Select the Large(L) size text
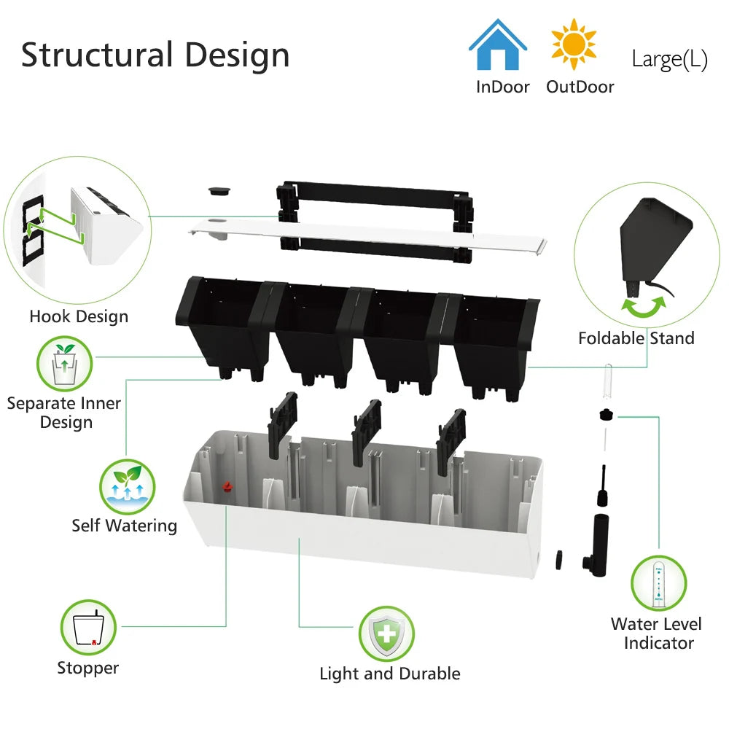pyautogui.click(x=669, y=59)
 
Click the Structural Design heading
pyautogui.click(x=155, y=55)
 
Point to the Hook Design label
pyautogui.click(x=79, y=316)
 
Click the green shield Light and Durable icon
pyautogui.click(x=386, y=634)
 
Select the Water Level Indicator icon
pyautogui.click(x=658, y=583)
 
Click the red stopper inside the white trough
pyautogui.click(x=227, y=485)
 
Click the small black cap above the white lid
pyautogui.click(x=217, y=190)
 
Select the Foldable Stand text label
pyautogui.click(x=636, y=338)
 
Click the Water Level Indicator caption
pyautogui.click(x=656, y=634)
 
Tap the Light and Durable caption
pyautogui.click(x=390, y=674)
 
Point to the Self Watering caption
pyautogui.click(x=124, y=526)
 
